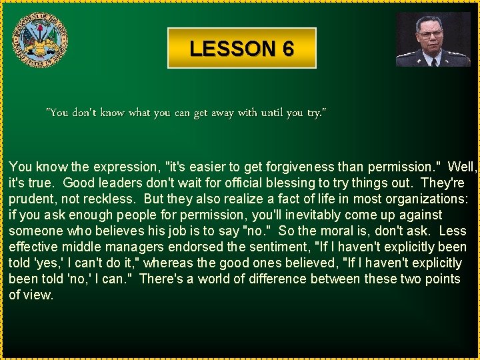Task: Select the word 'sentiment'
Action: click(x=279, y=247)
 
